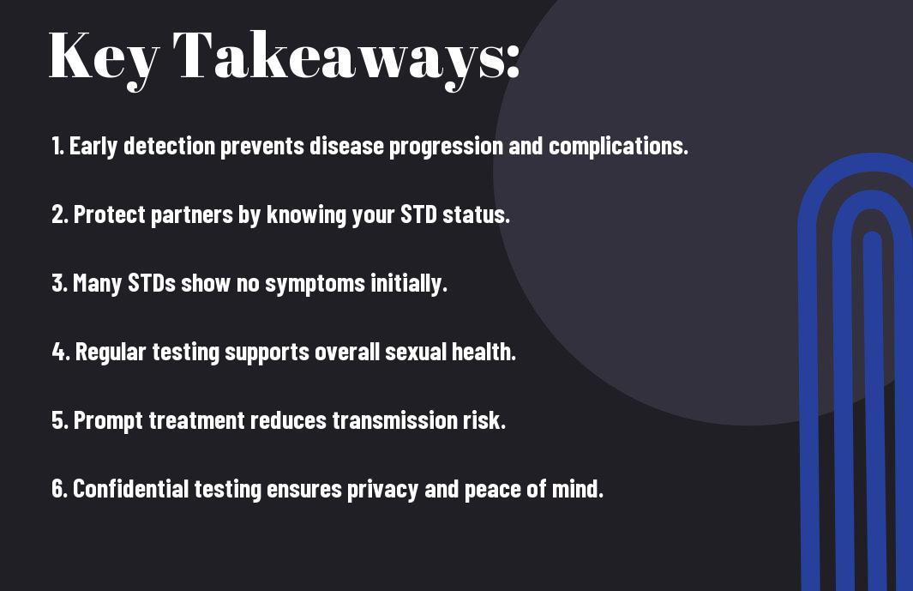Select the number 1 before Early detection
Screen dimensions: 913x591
(57, 146)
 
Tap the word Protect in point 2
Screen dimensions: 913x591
(109, 214)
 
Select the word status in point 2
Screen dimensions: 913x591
(476, 215)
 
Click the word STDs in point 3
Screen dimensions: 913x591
(152, 283)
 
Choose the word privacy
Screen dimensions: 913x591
(382, 490)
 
